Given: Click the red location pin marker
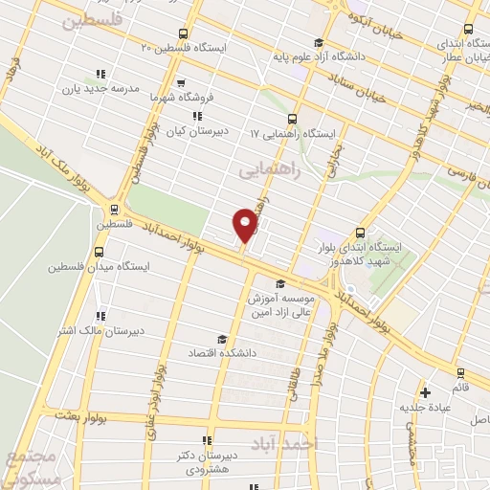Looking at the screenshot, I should click(245, 225).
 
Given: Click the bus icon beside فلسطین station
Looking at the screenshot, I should click(113, 210).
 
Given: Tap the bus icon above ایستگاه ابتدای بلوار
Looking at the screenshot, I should click(360, 232).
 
